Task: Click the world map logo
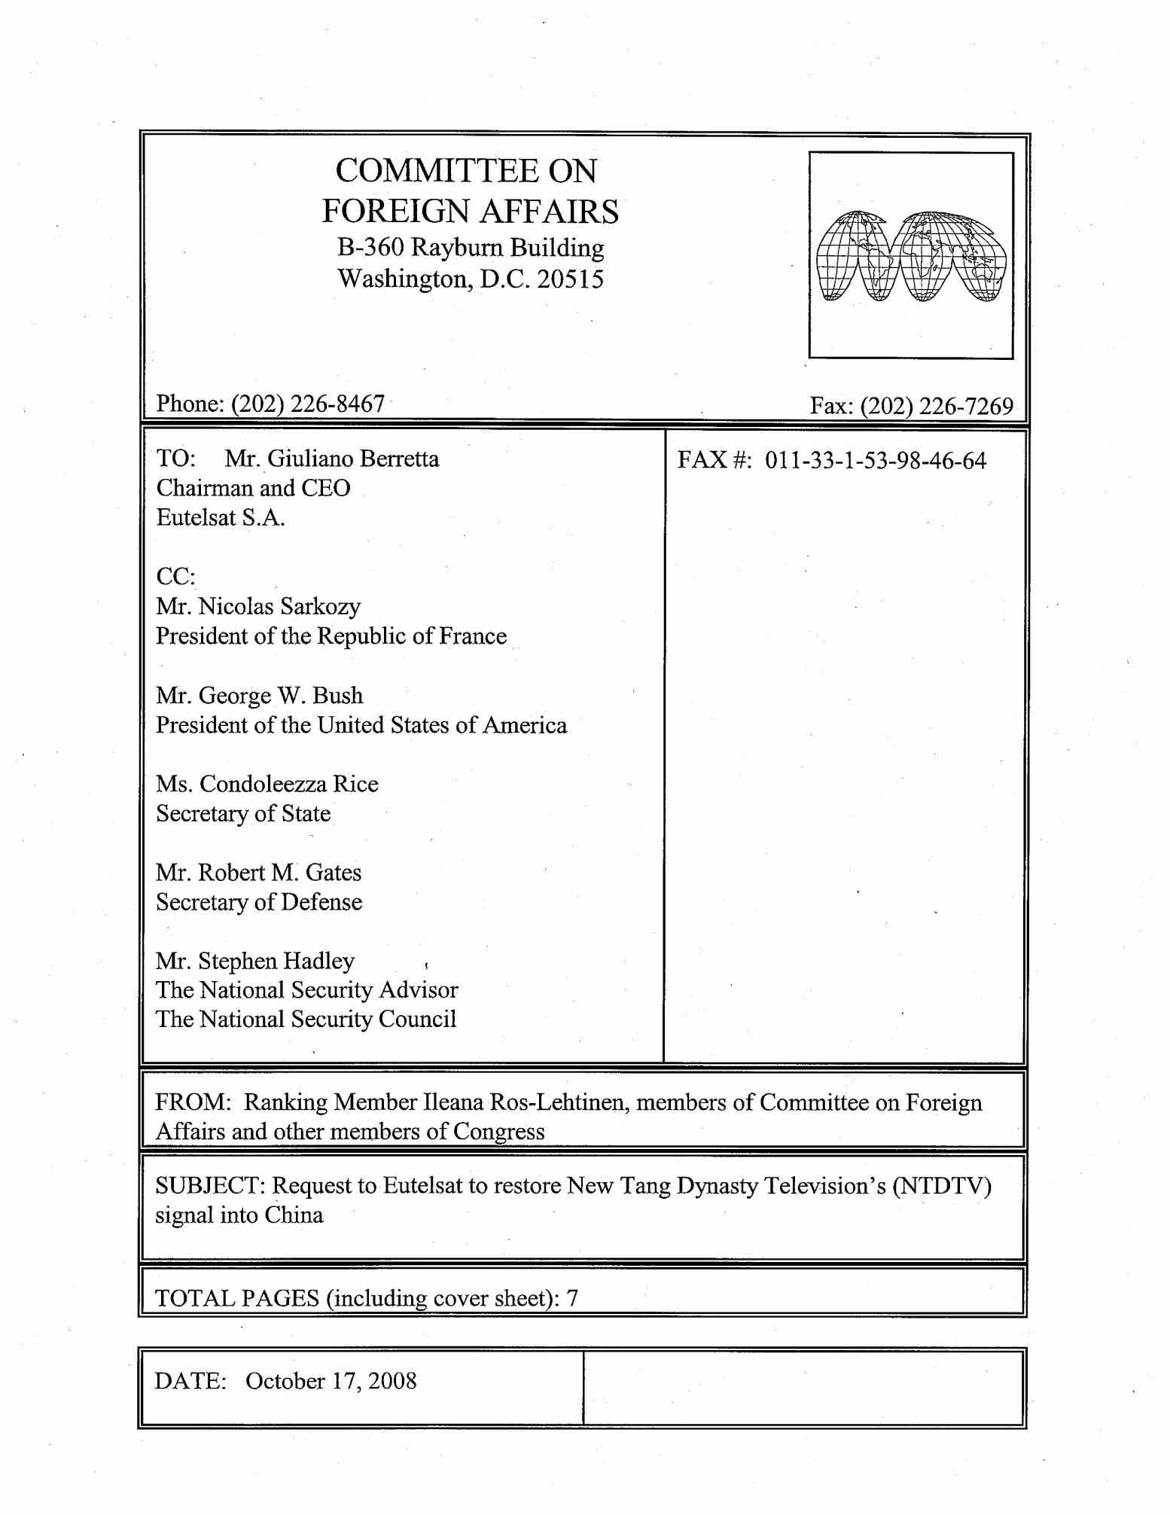coord(911,256)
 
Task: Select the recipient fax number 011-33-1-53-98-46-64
coord(875,460)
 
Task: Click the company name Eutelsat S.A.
coord(221,517)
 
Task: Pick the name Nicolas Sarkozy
coord(279,606)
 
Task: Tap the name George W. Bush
coord(281,695)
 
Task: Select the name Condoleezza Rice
coord(289,784)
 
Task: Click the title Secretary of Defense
coord(259,902)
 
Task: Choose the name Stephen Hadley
coord(276,961)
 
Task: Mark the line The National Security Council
coord(306,1020)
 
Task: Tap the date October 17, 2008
coord(331,1381)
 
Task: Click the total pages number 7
coord(572,1298)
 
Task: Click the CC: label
coord(175,577)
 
